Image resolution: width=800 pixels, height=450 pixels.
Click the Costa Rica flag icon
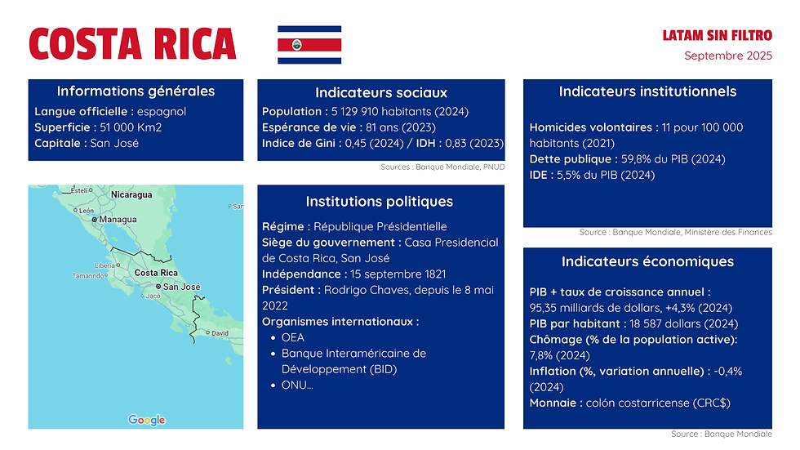coord(309,45)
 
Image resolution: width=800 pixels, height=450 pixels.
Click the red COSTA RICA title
coord(132,44)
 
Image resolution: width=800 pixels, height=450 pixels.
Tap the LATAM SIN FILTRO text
coord(717,36)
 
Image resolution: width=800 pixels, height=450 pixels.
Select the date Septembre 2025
coord(728,56)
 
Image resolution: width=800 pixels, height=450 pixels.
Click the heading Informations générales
coord(136,91)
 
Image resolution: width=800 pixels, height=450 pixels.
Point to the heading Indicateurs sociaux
coord(381,93)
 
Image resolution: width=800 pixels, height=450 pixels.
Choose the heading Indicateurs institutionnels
coord(647,91)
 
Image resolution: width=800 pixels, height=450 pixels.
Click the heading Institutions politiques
coord(379,201)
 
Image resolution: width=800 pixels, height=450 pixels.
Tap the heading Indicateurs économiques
coord(647,262)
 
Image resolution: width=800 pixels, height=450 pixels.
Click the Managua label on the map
coord(118,220)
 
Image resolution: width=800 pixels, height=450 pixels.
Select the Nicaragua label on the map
coord(131,195)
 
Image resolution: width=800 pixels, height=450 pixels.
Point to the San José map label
coord(181,287)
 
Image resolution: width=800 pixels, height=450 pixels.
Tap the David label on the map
coord(220,333)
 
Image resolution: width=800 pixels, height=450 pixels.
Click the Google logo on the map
coord(147,420)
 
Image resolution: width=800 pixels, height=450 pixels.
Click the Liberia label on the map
coord(104,265)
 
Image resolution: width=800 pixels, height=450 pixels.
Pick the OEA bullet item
coord(293,337)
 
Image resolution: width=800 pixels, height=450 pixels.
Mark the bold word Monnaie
coord(554,403)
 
